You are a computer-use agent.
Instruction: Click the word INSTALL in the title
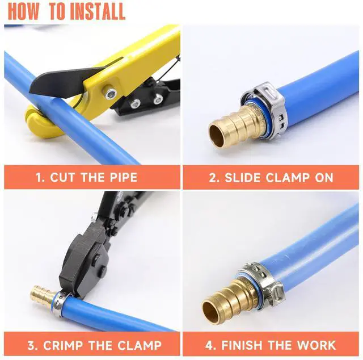click(98, 11)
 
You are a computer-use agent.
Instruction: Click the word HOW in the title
click(24, 11)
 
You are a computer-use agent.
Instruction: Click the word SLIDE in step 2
click(243, 178)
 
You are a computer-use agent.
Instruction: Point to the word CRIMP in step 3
click(63, 345)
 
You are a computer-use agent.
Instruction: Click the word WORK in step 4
click(316, 345)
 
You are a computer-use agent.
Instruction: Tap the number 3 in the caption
click(32, 345)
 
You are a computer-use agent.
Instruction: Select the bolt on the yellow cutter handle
click(110, 92)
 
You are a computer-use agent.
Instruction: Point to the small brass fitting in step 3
click(44, 294)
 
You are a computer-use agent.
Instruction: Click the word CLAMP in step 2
click(288, 178)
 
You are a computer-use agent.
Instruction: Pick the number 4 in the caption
click(209, 345)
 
